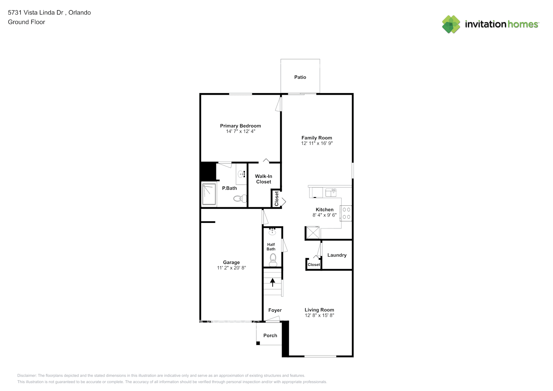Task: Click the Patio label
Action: pyautogui.click(x=300, y=77)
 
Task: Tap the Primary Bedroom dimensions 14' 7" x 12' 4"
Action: pyautogui.click(x=241, y=131)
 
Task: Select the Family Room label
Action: pyautogui.click(x=316, y=138)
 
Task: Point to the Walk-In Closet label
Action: pyautogui.click(x=264, y=179)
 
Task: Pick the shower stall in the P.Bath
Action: pyautogui.click(x=209, y=194)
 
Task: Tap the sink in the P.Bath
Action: pyautogui.click(x=241, y=174)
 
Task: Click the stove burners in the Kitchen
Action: pyautogui.click(x=346, y=213)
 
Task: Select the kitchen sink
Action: pyautogui.click(x=330, y=192)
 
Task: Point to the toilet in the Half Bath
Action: pyautogui.click(x=273, y=260)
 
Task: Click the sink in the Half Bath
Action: pyautogui.click(x=272, y=231)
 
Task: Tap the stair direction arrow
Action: pyautogui.click(x=272, y=282)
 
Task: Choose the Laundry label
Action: pyautogui.click(x=337, y=255)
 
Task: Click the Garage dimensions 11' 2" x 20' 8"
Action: pyautogui.click(x=231, y=268)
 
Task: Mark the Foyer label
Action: pyautogui.click(x=275, y=310)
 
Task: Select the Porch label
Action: pyautogui.click(x=270, y=335)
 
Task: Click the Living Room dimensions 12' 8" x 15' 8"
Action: pyautogui.click(x=319, y=315)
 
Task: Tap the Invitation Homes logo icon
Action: pyautogui.click(x=451, y=24)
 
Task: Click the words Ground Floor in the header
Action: pyautogui.click(x=27, y=22)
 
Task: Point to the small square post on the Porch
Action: pyautogui.click(x=258, y=343)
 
